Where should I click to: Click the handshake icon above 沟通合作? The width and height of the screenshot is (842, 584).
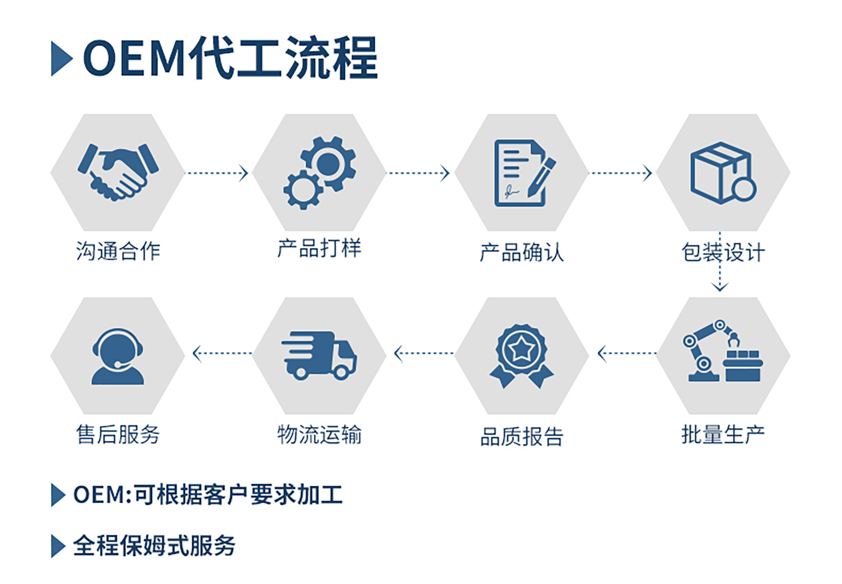pos(118,172)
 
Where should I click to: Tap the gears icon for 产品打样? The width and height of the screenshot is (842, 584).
pos(320,172)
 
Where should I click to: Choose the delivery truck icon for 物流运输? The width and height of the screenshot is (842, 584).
pos(319,355)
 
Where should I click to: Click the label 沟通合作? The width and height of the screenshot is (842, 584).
pos(118,251)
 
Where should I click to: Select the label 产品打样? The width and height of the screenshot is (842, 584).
pos(319,249)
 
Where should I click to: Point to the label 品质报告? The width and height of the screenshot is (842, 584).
pos(521,437)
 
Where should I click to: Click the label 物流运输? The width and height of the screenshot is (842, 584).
pos(319,435)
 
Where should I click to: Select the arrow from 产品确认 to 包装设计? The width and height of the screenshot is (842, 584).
pos(620,173)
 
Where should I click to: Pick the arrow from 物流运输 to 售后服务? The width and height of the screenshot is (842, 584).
pos(222,353)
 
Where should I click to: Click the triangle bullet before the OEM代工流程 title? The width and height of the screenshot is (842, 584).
pos(61,59)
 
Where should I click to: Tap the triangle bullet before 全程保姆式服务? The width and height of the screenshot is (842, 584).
pos(58,546)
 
